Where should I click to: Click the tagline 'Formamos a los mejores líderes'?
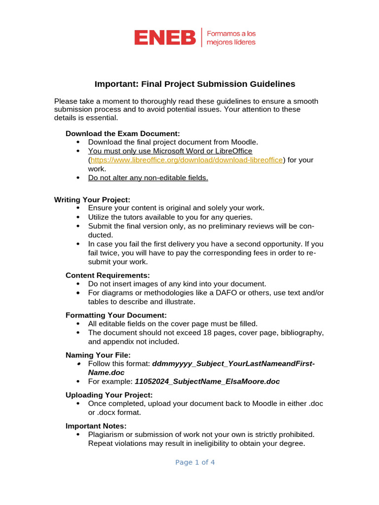231,38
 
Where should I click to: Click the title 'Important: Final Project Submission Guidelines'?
195,84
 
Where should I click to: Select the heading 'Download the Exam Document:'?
123,134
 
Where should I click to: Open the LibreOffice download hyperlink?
186,160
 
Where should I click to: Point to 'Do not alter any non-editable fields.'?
148,178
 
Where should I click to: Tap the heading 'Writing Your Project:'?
92,200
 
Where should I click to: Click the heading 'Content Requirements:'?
108,275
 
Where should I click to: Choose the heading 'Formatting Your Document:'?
116,315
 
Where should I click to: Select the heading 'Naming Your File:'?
98,355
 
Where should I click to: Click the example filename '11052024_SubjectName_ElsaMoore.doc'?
207,381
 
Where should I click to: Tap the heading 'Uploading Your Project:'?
109,395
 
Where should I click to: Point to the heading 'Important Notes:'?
96,426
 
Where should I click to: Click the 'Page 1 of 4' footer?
195,462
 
